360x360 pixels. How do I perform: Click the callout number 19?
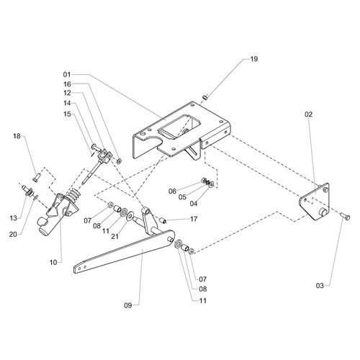253,59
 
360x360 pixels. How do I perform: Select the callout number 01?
67,75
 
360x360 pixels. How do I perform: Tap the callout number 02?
309,114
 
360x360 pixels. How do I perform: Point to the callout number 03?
320,286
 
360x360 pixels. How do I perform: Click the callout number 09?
128,305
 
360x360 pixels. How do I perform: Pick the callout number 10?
53,263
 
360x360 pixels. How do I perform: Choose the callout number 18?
17,136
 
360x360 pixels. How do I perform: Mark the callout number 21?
115,236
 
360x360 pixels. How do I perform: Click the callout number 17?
194,219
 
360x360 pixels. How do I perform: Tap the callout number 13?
14,218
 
